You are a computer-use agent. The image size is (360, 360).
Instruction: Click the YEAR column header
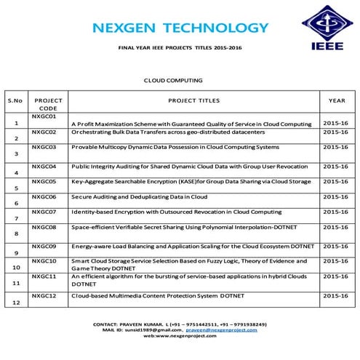(x=337, y=100)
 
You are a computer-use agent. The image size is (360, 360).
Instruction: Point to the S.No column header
(x=16, y=100)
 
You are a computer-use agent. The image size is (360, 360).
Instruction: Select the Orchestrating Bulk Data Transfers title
(x=168, y=132)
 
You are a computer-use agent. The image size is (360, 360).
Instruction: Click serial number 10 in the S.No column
(x=16, y=268)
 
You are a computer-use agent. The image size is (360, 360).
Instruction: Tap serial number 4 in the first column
(x=16, y=173)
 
